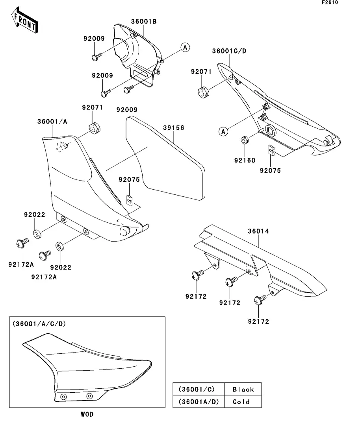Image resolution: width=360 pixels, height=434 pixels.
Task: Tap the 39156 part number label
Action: pyautogui.click(x=174, y=128)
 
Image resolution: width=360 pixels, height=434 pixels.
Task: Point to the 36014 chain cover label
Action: pyautogui.click(x=258, y=231)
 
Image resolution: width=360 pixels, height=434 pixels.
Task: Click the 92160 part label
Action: pyautogui.click(x=245, y=161)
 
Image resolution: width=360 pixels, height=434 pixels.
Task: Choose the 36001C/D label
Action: pyautogui.click(x=229, y=51)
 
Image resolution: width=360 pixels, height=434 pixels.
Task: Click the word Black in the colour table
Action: pyautogui.click(x=243, y=389)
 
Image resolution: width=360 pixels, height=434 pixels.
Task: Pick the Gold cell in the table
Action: pyautogui.click(x=241, y=402)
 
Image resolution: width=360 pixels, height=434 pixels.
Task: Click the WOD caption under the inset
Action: pyautogui.click(x=87, y=414)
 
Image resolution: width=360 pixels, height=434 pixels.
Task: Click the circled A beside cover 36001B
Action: pyautogui.click(x=185, y=48)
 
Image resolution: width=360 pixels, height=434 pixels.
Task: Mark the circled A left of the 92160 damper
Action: pyautogui.click(x=223, y=131)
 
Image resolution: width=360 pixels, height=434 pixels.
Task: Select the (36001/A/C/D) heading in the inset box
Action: pyautogui.click(x=39, y=324)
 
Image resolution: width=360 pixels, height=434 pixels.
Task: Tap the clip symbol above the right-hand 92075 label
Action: pyautogui.click(x=271, y=150)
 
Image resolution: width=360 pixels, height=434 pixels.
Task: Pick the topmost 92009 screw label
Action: pyautogui.click(x=94, y=39)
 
